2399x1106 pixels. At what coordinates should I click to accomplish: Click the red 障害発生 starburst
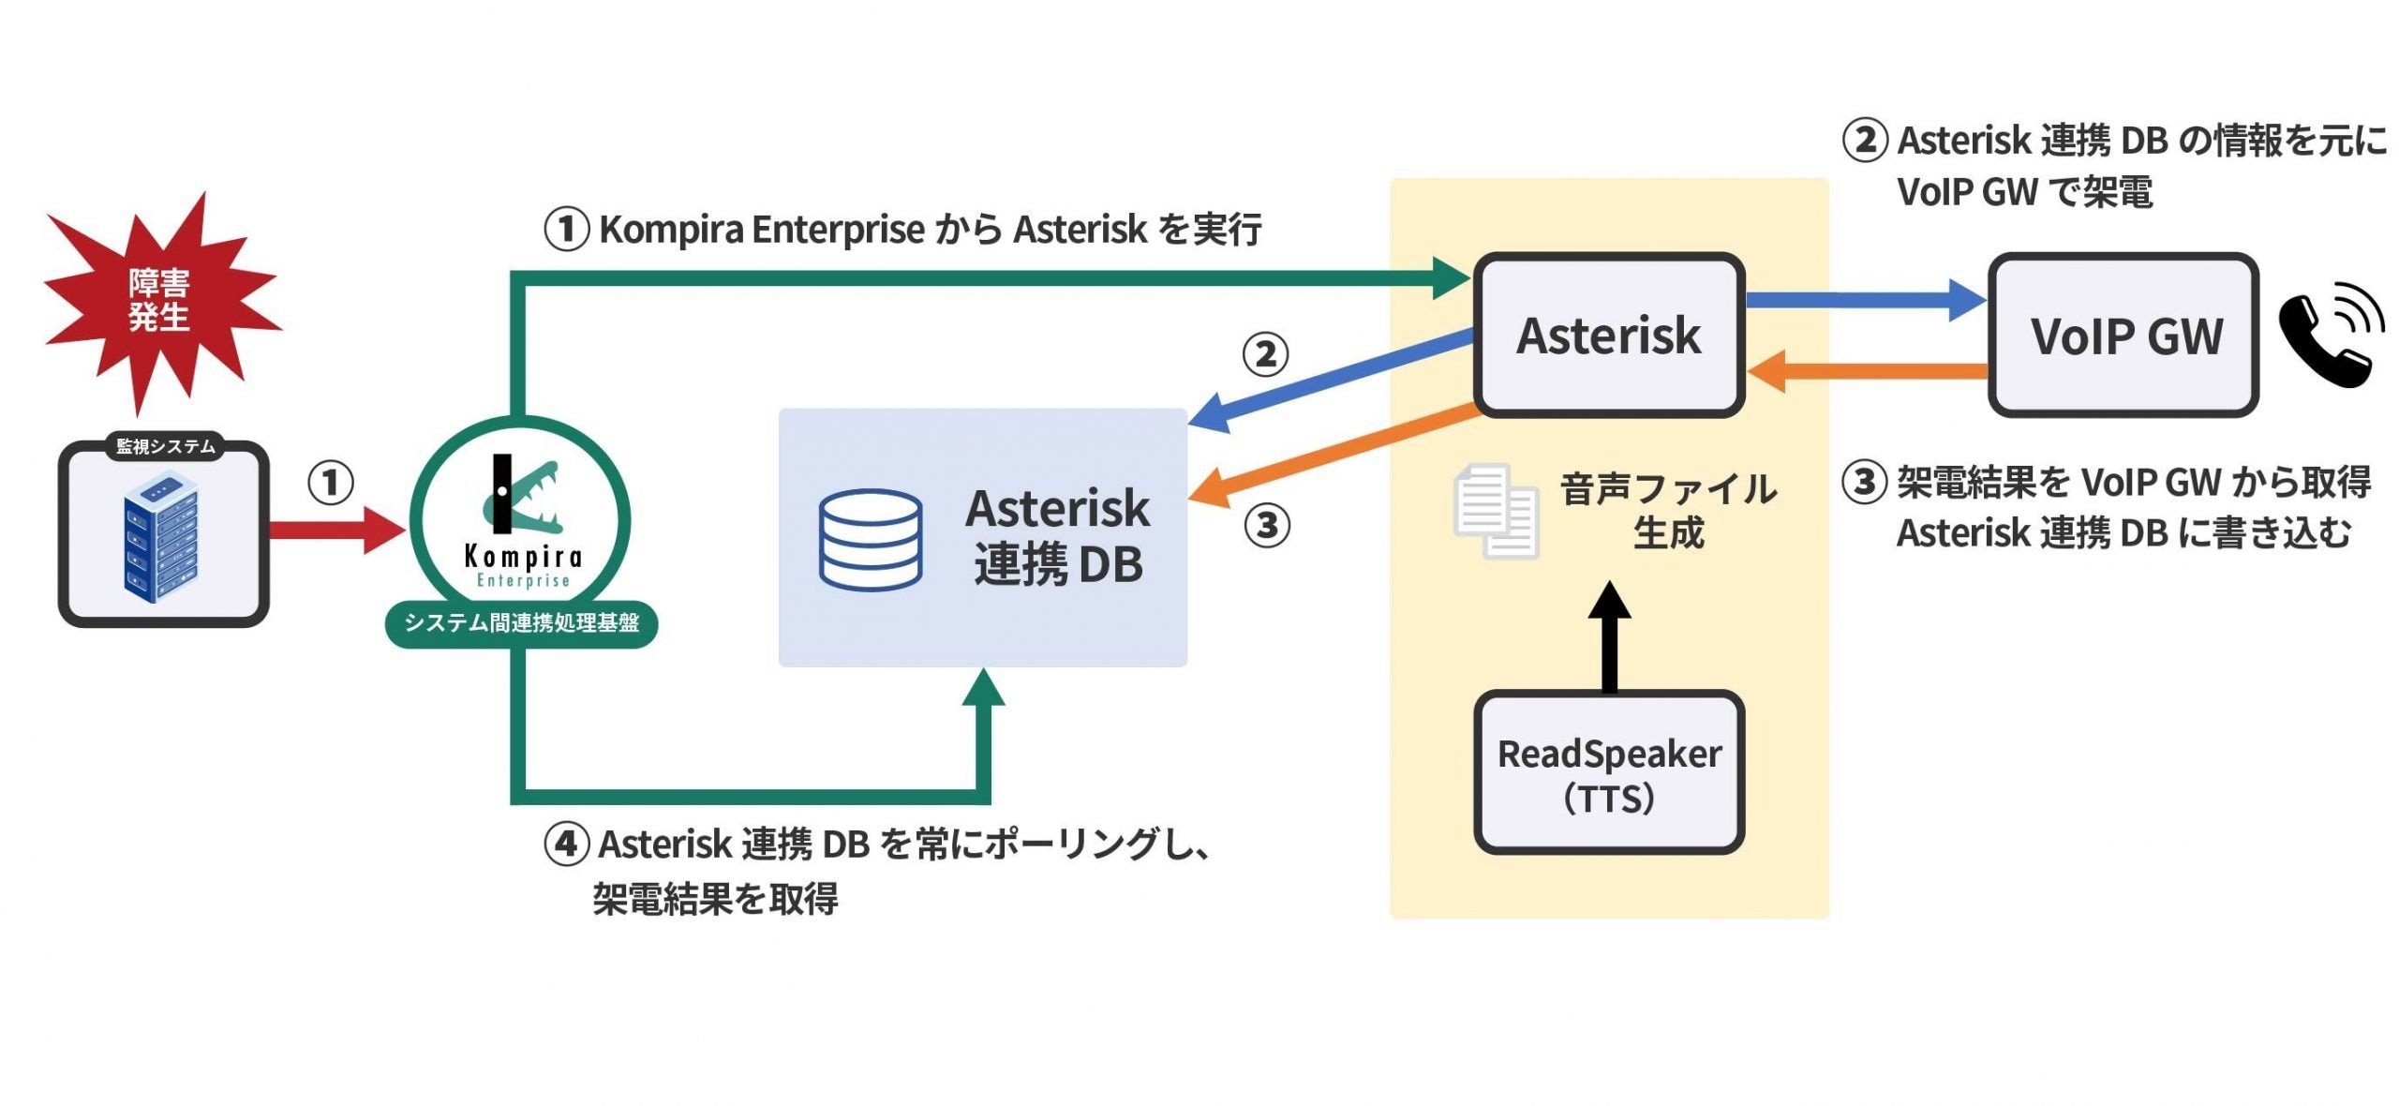coord(159,300)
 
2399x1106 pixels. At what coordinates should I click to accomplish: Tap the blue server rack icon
coord(160,536)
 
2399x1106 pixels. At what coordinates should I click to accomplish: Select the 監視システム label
coord(165,446)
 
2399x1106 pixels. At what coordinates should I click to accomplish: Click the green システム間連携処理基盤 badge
coord(521,623)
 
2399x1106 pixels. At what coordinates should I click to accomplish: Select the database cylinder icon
coord(870,540)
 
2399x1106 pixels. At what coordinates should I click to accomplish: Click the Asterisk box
coord(1608,335)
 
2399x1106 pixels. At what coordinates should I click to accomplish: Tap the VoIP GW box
coord(2123,335)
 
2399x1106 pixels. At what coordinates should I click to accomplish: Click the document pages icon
coord(1495,511)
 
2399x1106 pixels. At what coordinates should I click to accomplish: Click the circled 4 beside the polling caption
coord(566,844)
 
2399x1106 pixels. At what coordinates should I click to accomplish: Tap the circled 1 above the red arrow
coord(330,484)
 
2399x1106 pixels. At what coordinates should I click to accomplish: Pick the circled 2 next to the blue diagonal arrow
coord(1265,354)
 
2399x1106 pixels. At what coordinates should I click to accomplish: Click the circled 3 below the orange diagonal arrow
coord(1266,526)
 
